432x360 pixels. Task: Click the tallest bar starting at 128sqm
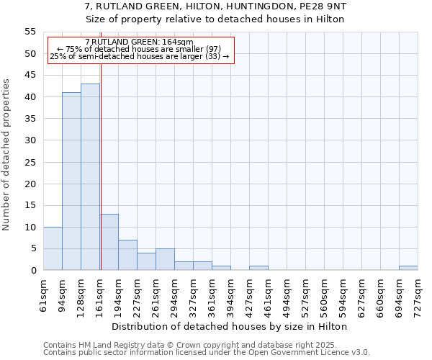(90, 177)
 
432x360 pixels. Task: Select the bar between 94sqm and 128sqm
(71, 181)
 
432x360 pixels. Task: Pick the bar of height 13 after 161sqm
(109, 242)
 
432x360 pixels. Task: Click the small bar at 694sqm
(408, 268)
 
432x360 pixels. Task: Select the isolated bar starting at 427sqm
(258, 268)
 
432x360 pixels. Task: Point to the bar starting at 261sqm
(165, 259)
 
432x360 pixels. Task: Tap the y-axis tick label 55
(30, 32)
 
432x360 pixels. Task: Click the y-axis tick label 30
(30, 140)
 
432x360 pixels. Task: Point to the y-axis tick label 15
(30, 205)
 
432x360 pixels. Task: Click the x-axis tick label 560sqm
(324, 294)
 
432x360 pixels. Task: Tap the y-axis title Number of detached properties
(6, 155)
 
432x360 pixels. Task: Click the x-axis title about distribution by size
(230, 326)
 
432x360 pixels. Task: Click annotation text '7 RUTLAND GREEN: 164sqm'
(139, 42)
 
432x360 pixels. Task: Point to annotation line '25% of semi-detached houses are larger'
(139, 56)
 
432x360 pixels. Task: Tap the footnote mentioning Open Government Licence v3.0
(207, 352)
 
